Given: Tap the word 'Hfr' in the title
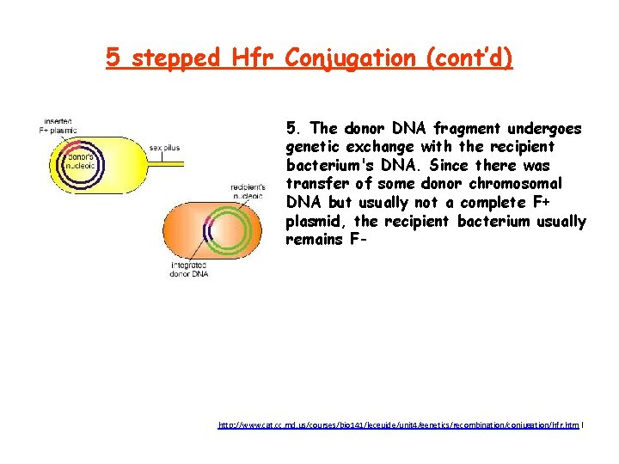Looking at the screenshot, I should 254,58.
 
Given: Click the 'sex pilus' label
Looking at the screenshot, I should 164,148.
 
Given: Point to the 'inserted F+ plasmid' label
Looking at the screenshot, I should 58,126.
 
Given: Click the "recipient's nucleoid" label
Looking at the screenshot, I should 248,190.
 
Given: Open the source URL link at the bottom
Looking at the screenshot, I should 400,424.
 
